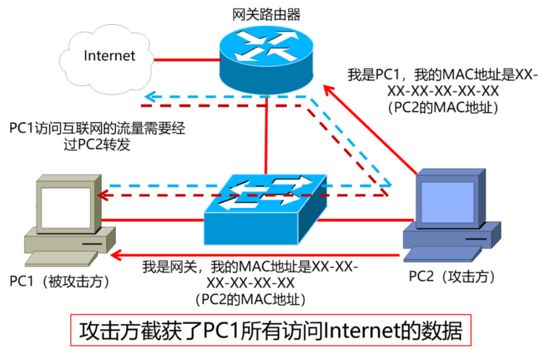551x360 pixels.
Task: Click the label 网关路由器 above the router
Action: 266,14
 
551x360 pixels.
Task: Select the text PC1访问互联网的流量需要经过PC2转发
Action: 97,136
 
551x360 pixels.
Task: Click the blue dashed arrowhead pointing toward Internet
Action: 148,97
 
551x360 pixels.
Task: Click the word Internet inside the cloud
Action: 109,55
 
